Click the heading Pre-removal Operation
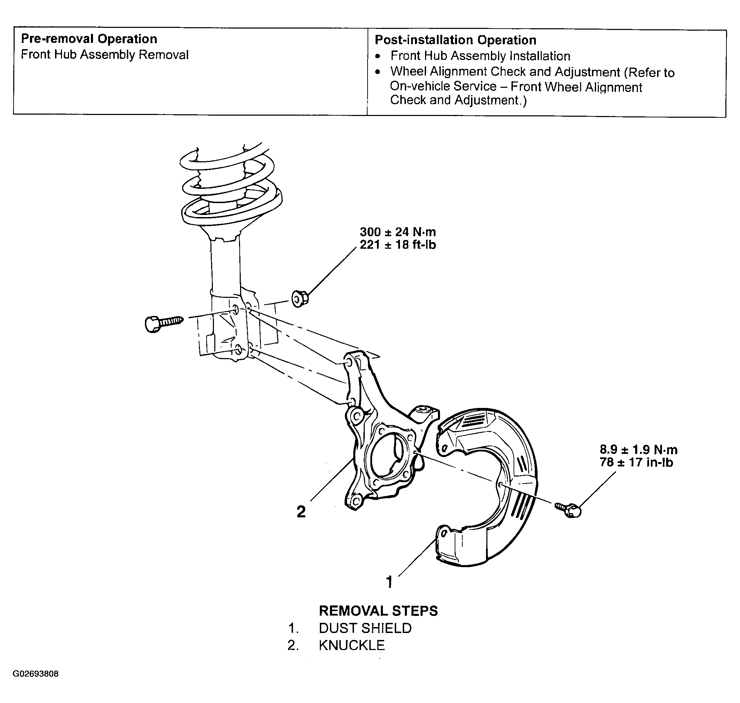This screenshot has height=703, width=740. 89,39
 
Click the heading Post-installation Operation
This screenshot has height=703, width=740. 455,40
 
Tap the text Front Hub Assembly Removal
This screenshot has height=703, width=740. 105,55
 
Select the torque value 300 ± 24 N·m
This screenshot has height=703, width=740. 398,232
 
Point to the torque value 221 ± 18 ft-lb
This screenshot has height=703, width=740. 398,245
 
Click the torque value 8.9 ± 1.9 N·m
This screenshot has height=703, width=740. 639,450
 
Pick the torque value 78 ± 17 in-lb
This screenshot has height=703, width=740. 636,462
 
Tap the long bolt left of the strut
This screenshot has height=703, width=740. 164,323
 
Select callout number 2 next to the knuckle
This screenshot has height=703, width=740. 301,512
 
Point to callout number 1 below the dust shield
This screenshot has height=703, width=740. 389,582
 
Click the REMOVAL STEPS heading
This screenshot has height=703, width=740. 378,611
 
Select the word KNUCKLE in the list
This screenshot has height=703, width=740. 352,645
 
